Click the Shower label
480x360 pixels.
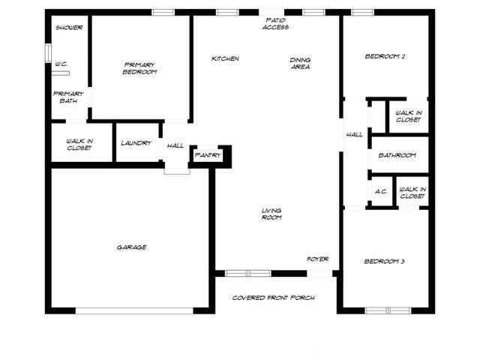click(69, 28)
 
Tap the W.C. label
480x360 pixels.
click(61, 64)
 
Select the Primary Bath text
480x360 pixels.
click(67, 97)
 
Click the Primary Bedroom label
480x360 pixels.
click(140, 68)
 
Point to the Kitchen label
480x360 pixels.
click(225, 58)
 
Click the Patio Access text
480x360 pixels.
click(276, 23)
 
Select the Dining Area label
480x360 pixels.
click(301, 63)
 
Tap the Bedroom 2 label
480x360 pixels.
click(385, 56)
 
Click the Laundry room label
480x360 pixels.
click(136, 142)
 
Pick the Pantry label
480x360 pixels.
click(207, 155)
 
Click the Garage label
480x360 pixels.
click(131, 247)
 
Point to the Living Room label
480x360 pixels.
click(271, 214)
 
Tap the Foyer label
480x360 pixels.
click(318, 259)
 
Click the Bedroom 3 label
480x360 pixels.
click(385, 261)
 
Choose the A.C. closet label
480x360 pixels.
click(381, 191)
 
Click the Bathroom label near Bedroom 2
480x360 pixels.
click(397, 155)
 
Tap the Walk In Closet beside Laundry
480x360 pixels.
click(79, 144)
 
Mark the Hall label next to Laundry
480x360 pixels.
click(175, 145)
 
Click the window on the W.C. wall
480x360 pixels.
click(47, 55)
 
